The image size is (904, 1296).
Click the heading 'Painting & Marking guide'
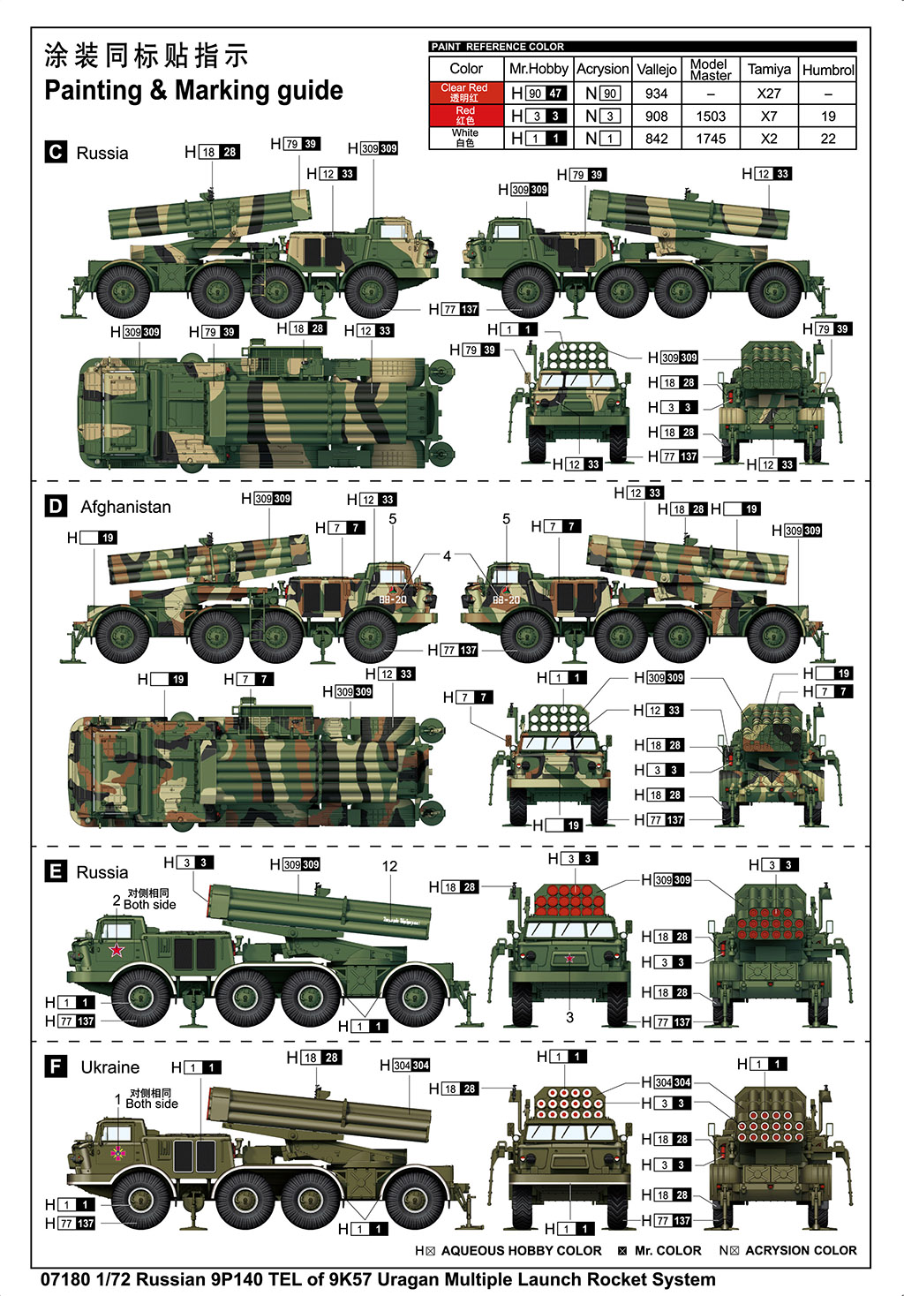(x=193, y=91)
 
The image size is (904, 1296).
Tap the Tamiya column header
(x=769, y=69)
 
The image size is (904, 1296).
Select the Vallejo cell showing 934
(x=656, y=93)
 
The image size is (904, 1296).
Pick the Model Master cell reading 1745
(x=711, y=139)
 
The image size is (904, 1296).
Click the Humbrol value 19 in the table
(x=827, y=116)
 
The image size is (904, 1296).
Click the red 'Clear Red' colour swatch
(x=465, y=93)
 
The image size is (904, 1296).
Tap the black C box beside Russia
(x=56, y=152)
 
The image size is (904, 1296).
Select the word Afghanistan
(x=125, y=507)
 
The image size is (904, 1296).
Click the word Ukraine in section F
(x=110, y=1066)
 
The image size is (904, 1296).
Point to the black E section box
(x=55, y=871)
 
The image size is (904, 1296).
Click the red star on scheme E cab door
(x=117, y=950)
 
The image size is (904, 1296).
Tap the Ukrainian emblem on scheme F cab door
(x=117, y=1152)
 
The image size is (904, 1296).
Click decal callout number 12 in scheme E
(x=389, y=866)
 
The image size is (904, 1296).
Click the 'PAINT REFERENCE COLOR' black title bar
(x=642, y=46)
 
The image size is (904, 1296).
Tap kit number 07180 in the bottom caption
(x=65, y=1279)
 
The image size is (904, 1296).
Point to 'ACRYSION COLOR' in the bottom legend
(x=800, y=1250)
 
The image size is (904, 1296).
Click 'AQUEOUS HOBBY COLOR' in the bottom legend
(x=521, y=1250)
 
